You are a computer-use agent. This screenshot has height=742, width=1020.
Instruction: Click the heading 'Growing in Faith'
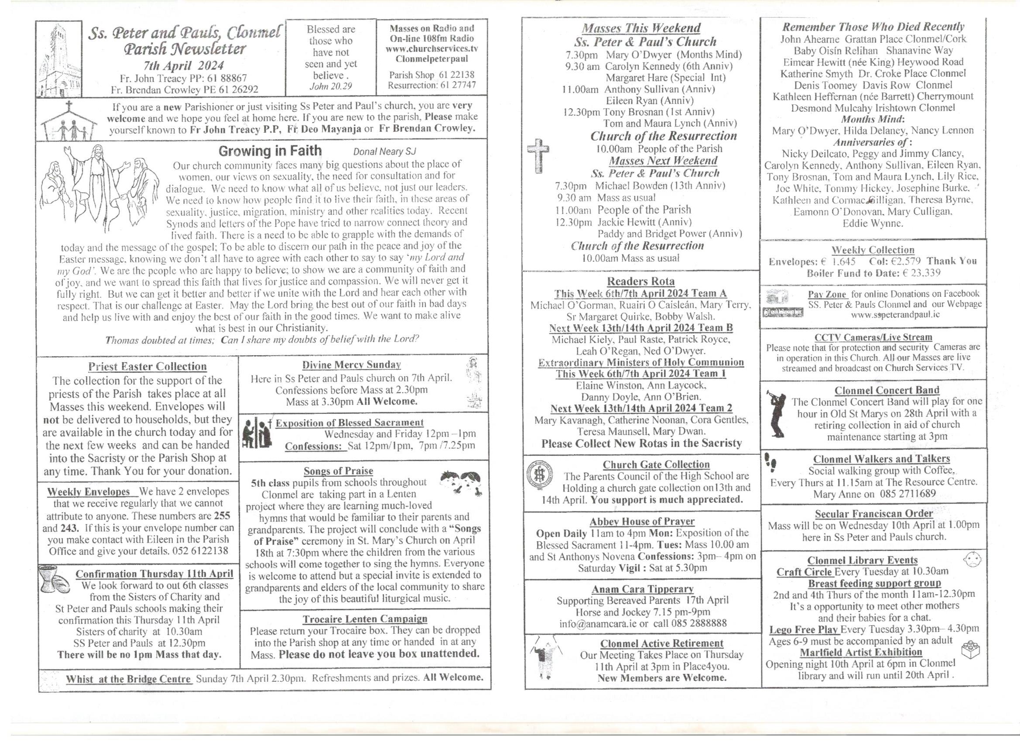[270, 151]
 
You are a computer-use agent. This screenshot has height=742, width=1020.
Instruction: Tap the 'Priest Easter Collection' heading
[147, 367]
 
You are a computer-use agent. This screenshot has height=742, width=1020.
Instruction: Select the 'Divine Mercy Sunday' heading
[351, 365]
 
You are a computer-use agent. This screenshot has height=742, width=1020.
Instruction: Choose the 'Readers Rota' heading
[640, 282]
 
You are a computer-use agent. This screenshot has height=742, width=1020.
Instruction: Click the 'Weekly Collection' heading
[873, 250]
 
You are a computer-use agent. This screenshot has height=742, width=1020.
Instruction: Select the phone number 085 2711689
[905, 494]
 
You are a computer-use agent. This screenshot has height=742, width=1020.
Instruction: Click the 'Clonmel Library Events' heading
[862, 560]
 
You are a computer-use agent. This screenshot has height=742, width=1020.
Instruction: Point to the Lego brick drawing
[970, 650]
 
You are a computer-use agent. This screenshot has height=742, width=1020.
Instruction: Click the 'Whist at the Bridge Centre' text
[129, 679]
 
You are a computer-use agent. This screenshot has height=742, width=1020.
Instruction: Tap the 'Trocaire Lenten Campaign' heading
[365, 619]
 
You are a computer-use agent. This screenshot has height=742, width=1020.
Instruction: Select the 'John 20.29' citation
[331, 86]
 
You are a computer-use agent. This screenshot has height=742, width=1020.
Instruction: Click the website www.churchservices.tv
[431, 49]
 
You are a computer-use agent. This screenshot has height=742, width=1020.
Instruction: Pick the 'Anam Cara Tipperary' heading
[642, 589]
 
